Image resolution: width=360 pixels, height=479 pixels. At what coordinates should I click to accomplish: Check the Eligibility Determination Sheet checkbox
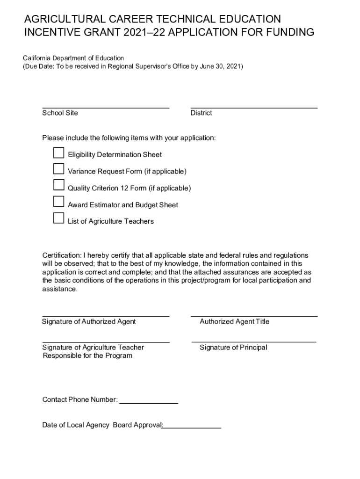[58, 153]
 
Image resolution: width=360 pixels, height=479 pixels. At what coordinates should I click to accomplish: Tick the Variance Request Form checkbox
[58, 169]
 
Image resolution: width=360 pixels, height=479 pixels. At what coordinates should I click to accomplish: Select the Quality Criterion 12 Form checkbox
[58, 185]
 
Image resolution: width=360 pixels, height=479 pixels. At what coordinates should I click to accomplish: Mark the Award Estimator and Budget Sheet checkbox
[58, 202]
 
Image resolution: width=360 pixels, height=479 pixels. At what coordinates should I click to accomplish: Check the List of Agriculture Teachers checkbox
[58, 218]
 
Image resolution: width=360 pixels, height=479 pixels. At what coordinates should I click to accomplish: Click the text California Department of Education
[74, 58]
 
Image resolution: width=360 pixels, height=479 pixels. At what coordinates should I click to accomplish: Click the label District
[201, 113]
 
